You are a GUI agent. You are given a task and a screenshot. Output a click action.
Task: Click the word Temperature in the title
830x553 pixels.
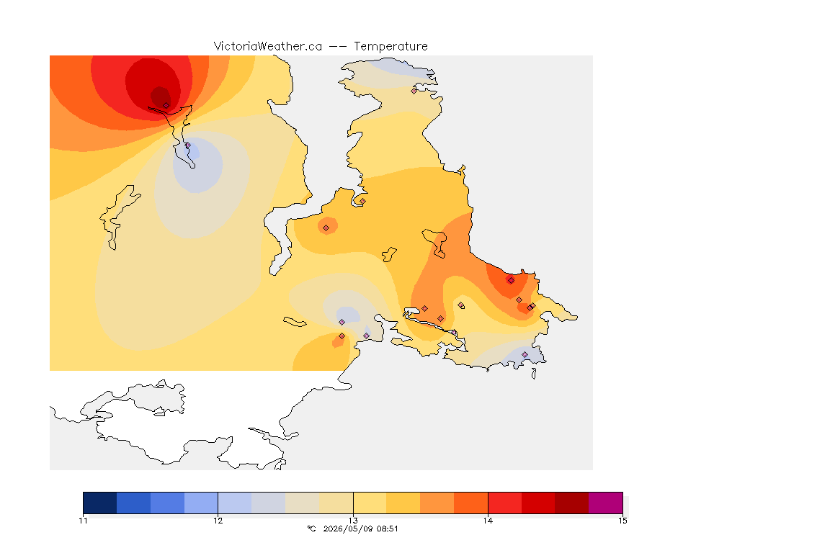(391, 47)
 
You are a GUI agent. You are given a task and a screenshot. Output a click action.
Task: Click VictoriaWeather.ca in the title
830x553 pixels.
(268, 47)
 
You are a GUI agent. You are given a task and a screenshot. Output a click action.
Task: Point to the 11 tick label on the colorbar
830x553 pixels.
(83, 521)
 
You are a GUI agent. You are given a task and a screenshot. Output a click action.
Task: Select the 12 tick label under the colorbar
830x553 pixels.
(218, 521)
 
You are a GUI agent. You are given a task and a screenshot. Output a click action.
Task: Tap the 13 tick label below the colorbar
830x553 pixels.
(353, 521)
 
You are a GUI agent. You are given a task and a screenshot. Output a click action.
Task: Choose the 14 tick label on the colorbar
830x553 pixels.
(488, 521)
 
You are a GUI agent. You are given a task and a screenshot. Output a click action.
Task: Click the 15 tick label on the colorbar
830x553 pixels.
(622, 521)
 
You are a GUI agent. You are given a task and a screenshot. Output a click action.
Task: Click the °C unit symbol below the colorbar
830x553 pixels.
(311, 529)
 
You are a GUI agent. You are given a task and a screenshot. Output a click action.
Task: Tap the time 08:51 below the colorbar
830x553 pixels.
(387, 529)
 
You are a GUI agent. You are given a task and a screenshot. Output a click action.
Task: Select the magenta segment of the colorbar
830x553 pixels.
(605, 503)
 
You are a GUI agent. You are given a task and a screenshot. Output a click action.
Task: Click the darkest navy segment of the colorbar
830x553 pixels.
(100, 503)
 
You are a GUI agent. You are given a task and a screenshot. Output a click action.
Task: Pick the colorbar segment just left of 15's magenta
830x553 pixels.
(571, 503)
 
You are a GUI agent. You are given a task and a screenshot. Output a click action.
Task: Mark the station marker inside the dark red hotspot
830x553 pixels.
(166, 105)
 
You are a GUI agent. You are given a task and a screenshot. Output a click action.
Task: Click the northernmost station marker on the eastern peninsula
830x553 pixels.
(414, 91)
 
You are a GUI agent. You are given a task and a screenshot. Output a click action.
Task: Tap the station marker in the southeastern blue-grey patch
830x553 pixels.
(525, 354)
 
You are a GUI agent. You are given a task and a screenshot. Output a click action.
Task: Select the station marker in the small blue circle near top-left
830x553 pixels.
(187, 145)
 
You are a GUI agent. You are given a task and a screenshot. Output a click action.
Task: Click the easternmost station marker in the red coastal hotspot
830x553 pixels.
(532, 306)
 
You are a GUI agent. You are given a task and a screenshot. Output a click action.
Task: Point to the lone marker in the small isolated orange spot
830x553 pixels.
(326, 228)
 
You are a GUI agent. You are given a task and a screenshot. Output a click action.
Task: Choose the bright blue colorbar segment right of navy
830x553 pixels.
(133, 503)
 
